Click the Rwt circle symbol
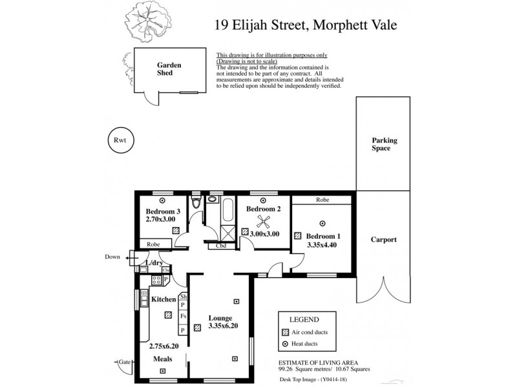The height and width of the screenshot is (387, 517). tap(120, 140)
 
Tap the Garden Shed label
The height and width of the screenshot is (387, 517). tap(169, 68)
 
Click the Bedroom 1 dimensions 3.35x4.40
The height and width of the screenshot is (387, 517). tap(322, 245)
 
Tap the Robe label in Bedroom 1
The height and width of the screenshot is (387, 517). tap(322, 201)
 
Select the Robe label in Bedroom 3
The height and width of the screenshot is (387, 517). tap(154, 244)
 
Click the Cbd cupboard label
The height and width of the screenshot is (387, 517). tap(220, 245)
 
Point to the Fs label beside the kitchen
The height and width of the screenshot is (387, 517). tap(184, 316)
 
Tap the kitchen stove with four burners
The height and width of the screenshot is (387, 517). tap(156, 280)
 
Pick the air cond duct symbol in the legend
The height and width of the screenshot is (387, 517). tap(285, 332)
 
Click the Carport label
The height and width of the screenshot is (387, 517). tap(384, 240)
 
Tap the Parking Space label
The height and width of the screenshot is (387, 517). tap(384, 144)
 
